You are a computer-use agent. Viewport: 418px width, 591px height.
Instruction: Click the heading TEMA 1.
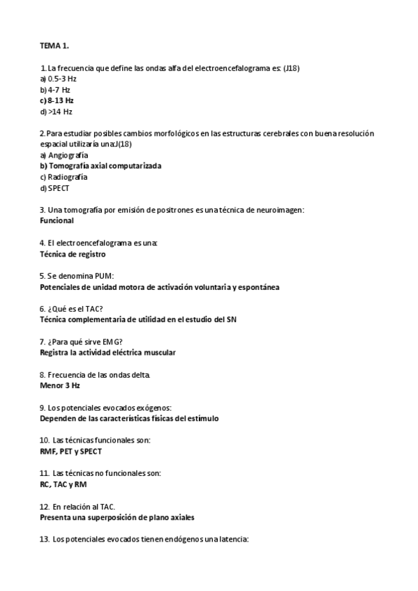[54, 46]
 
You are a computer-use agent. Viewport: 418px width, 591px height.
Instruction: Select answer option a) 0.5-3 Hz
[59, 79]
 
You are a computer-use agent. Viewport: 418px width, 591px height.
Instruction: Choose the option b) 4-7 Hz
[55, 90]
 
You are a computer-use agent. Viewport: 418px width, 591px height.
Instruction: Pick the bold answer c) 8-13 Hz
[57, 100]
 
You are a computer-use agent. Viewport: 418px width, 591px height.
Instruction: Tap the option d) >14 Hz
[57, 112]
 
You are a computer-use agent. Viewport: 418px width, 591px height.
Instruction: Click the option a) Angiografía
[64, 155]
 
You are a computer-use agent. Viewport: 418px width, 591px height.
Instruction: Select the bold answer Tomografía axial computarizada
[104, 166]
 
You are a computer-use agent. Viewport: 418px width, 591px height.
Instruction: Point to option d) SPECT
[55, 187]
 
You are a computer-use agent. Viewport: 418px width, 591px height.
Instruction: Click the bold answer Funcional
[57, 220]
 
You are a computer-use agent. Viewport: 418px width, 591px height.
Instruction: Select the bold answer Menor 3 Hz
[60, 385]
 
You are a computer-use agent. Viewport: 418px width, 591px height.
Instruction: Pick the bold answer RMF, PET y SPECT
[71, 451]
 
